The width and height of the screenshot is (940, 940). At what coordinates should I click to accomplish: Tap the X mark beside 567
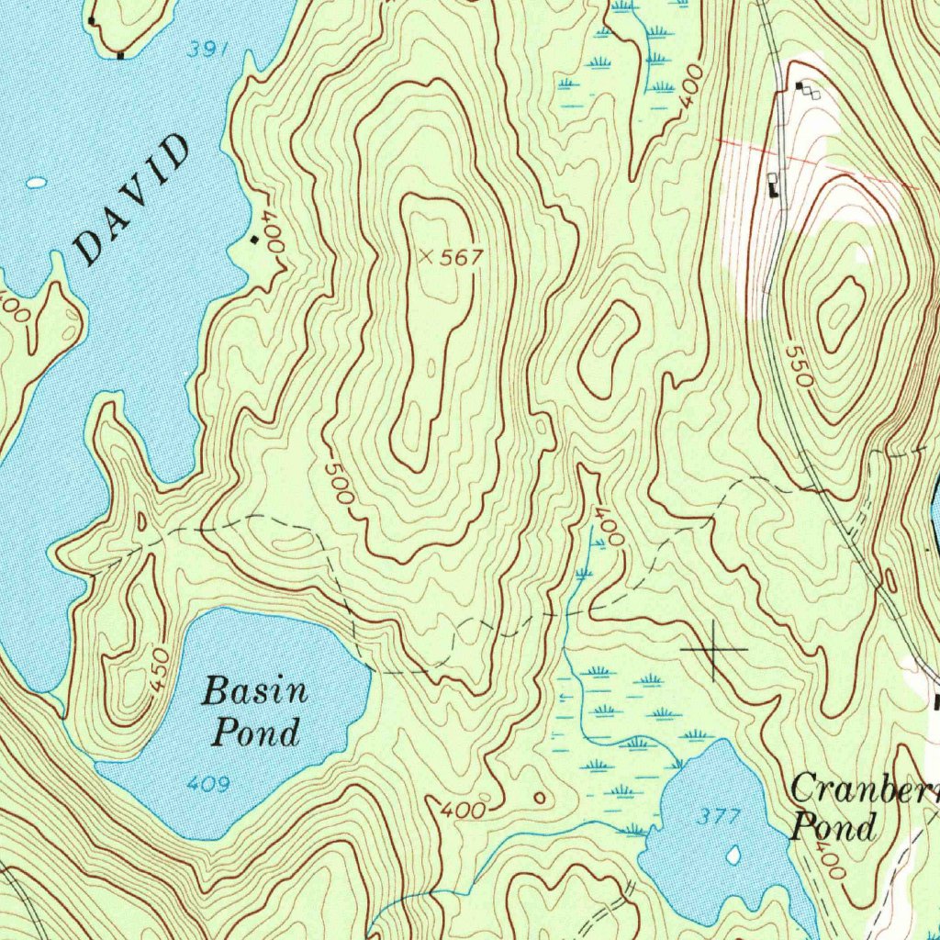pyautogui.click(x=426, y=258)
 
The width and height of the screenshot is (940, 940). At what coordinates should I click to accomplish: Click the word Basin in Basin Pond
pyautogui.click(x=254, y=690)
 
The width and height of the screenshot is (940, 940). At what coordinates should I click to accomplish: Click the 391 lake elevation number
pyautogui.click(x=207, y=51)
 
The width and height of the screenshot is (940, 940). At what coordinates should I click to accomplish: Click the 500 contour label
pyautogui.click(x=339, y=482)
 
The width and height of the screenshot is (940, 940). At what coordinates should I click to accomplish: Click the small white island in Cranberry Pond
pyautogui.click(x=733, y=856)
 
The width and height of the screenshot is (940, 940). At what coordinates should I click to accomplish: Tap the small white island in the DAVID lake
pyautogui.click(x=36, y=183)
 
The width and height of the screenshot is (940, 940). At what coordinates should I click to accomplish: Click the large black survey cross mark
pyautogui.click(x=714, y=650)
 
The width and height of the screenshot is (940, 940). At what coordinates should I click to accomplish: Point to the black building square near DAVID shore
pyautogui.click(x=254, y=240)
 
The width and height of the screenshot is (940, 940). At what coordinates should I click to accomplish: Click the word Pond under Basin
pyautogui.click(x=256, y=733)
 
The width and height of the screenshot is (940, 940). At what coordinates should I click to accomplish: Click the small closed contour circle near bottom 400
pyautogui.click(x=539, y=799)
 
